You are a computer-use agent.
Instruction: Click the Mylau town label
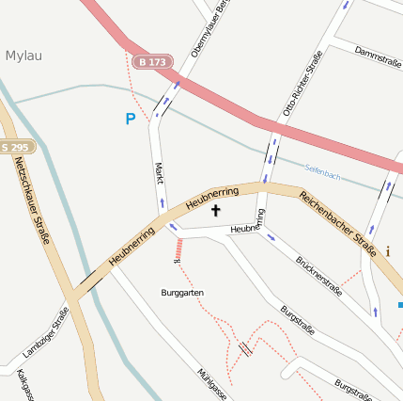(23, 56)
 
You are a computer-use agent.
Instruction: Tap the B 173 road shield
(151, 62)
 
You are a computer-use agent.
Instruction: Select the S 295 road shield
(16, 147)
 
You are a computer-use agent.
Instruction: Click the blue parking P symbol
(131, 120)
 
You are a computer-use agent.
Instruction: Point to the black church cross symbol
(216, 210)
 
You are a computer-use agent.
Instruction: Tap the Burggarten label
(182, 293)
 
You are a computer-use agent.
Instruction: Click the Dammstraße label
(378, 59)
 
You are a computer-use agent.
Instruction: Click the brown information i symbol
(388, 251)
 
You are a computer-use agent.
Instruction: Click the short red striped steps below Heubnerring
(177, 249)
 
